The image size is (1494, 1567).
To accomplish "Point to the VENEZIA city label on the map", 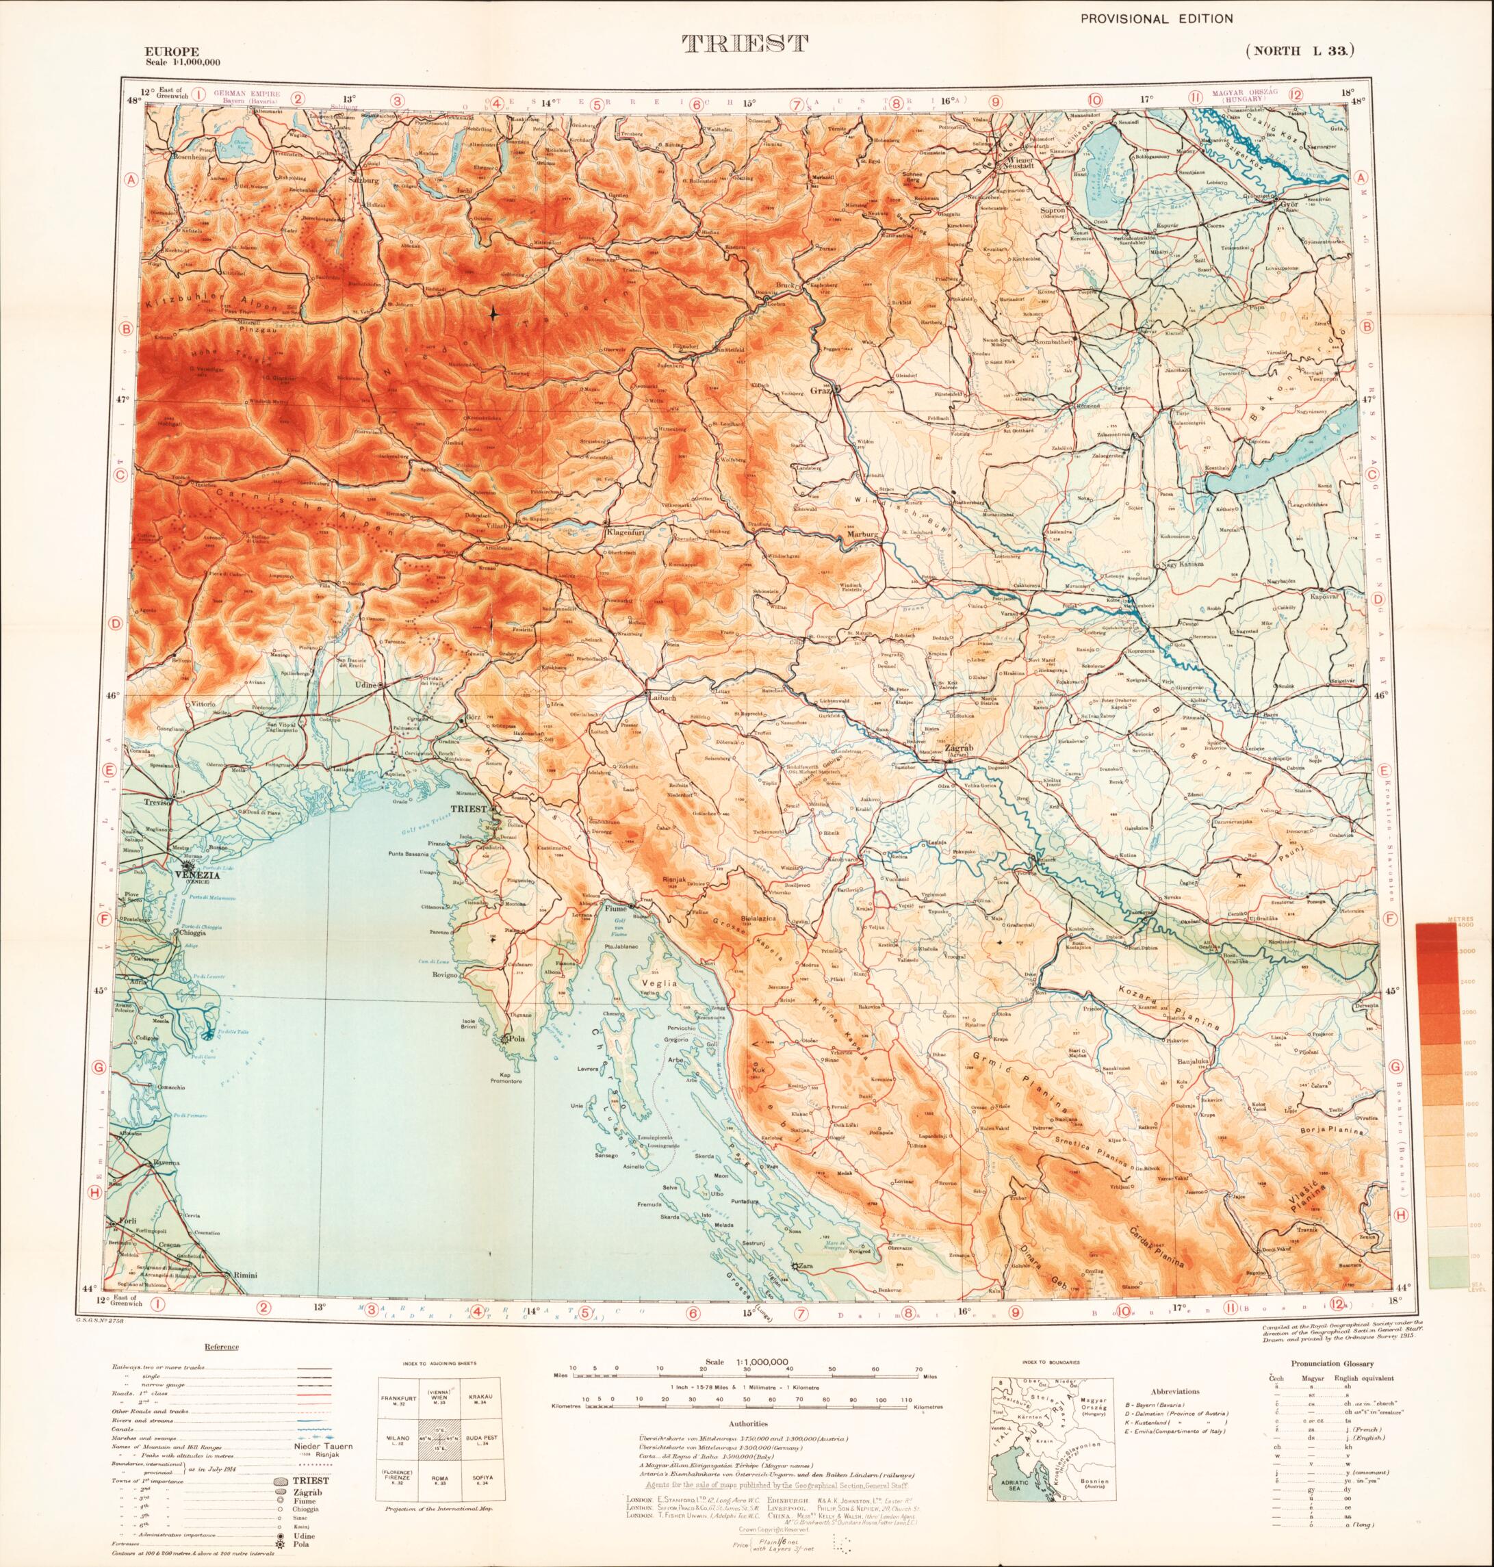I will [x=191, y=873].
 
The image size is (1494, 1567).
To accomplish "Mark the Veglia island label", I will [x=663, y=983].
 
